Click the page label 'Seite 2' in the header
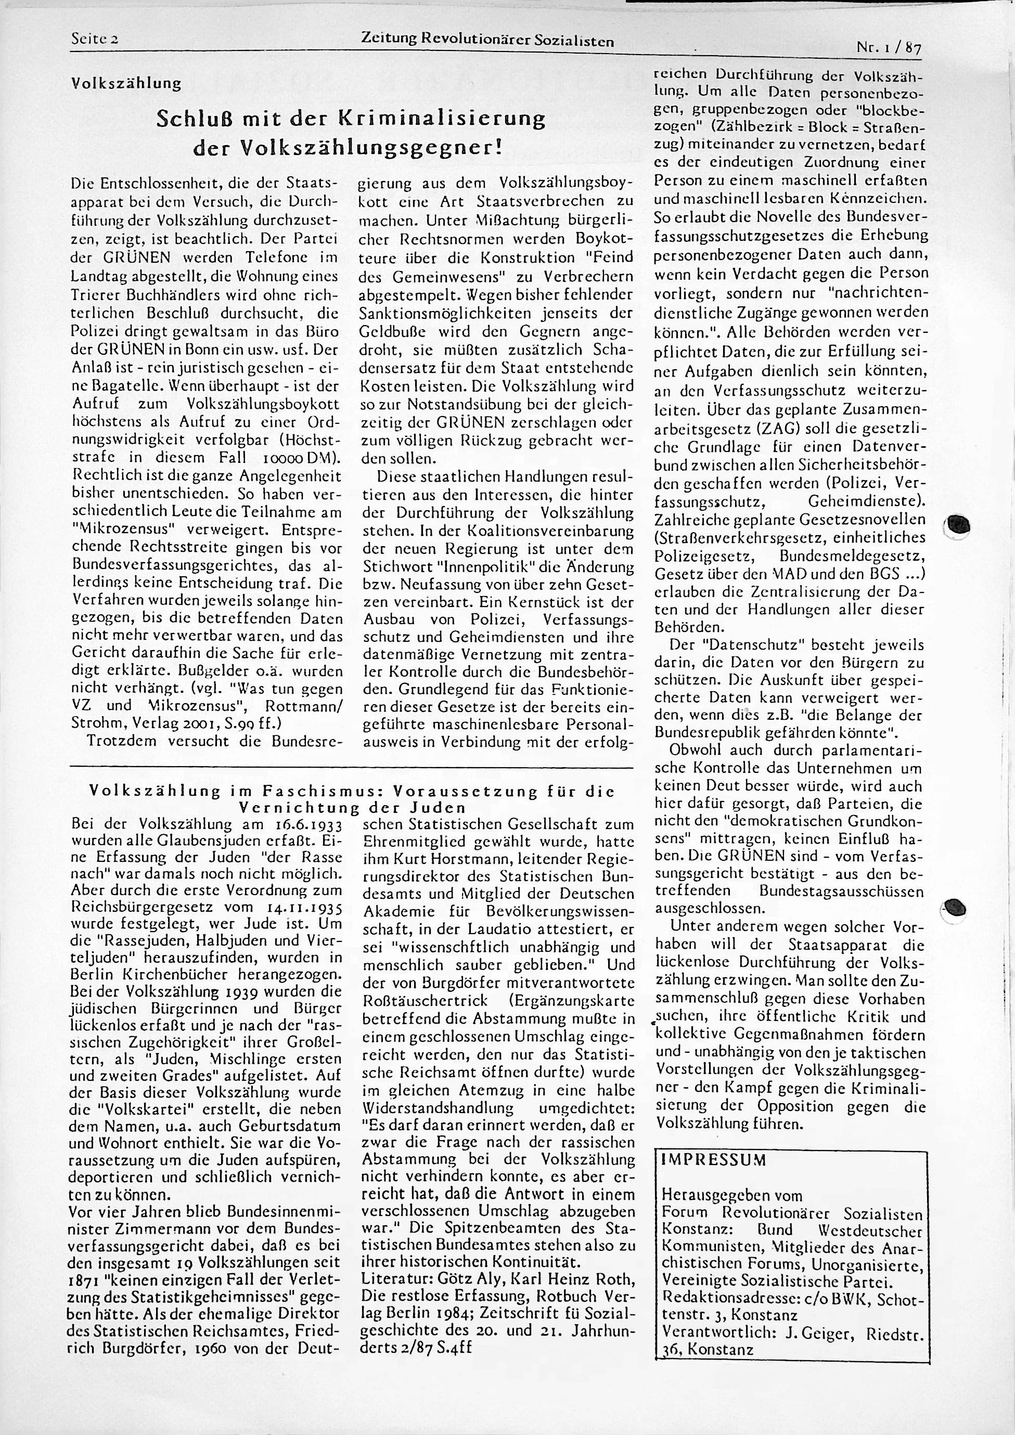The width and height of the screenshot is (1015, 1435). [95, 39]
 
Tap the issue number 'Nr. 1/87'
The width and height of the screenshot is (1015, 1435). [890, 47]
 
